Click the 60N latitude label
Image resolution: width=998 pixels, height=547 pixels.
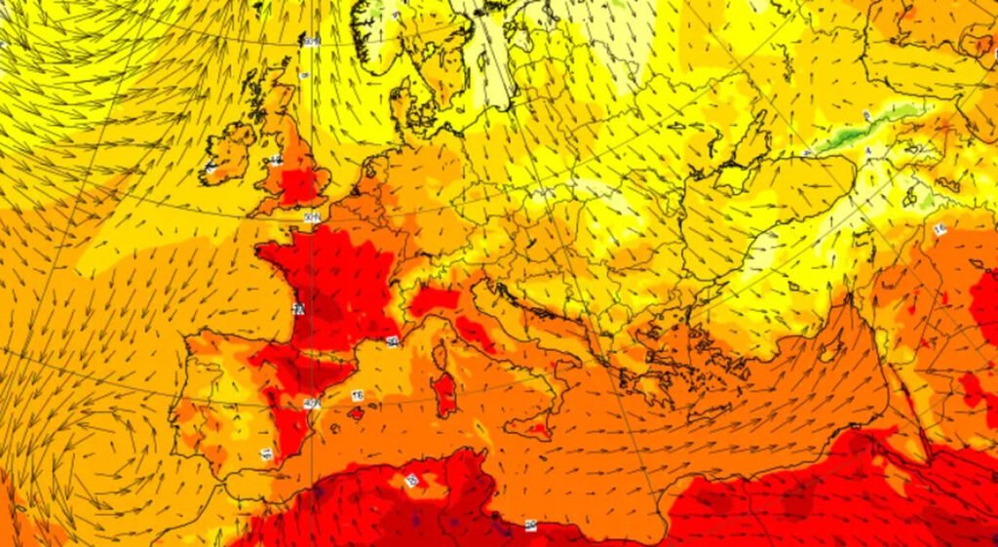tap(311, 41)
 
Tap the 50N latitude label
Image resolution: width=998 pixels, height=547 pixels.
tap(312, 216)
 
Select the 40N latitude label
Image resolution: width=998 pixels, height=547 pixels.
tap(312, 402)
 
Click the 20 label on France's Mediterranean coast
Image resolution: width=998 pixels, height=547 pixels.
tap(392, 341)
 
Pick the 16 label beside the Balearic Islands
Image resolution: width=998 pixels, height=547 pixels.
tap(358, 395)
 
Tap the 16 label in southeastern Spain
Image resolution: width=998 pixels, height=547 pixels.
tap(266, 453)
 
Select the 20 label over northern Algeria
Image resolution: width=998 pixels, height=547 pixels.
tap(411, 480)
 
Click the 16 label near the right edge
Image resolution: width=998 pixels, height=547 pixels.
tap(940, 230)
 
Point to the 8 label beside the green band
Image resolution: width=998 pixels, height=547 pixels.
tap(865, 117)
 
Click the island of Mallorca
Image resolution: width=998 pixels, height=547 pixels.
tap(356, 413)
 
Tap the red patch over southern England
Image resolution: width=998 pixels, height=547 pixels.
tap(300, 183)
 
